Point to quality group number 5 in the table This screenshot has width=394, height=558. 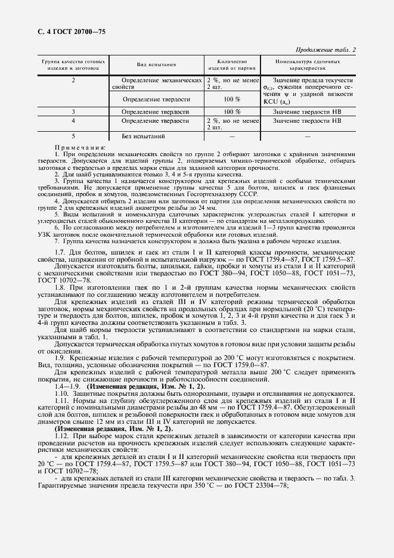(73, 137)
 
